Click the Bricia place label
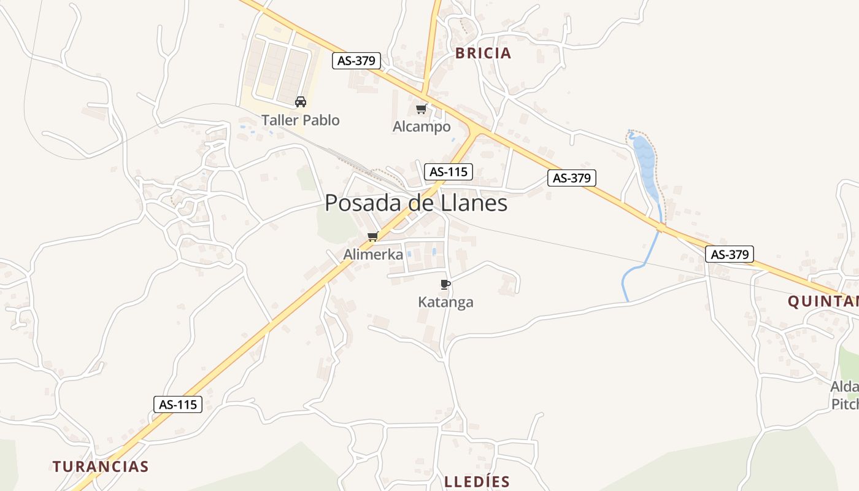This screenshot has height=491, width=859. (x=483, y=53)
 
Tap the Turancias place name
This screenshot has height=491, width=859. (x=101, y=466)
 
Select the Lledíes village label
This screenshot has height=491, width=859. (x=477, y=481)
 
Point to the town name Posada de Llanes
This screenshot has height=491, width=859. (x=416, y=203)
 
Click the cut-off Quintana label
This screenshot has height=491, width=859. (x=823, y=301)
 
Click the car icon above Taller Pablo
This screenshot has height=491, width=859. (x=301, y=102)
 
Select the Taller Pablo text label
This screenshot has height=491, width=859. (x=301, y=120)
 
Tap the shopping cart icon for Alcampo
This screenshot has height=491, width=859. (x=421, y=109)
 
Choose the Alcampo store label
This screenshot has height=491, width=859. (x=422, y=127)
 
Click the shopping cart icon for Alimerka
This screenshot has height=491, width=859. (x=372, y=236)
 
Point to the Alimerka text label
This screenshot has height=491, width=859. (x=373, y=254)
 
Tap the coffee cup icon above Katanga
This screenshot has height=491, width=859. (x=445, y=284)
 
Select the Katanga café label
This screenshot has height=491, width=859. (x=445, y=302)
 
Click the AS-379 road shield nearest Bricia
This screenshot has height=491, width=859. (x=356, y=61)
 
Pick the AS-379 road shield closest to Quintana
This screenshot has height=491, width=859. (x=729, y=254)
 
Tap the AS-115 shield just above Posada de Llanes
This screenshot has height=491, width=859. (x=449, y=172)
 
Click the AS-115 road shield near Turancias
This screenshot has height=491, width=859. (x=177, y=404)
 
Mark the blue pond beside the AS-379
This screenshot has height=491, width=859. (x=644, y=163)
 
